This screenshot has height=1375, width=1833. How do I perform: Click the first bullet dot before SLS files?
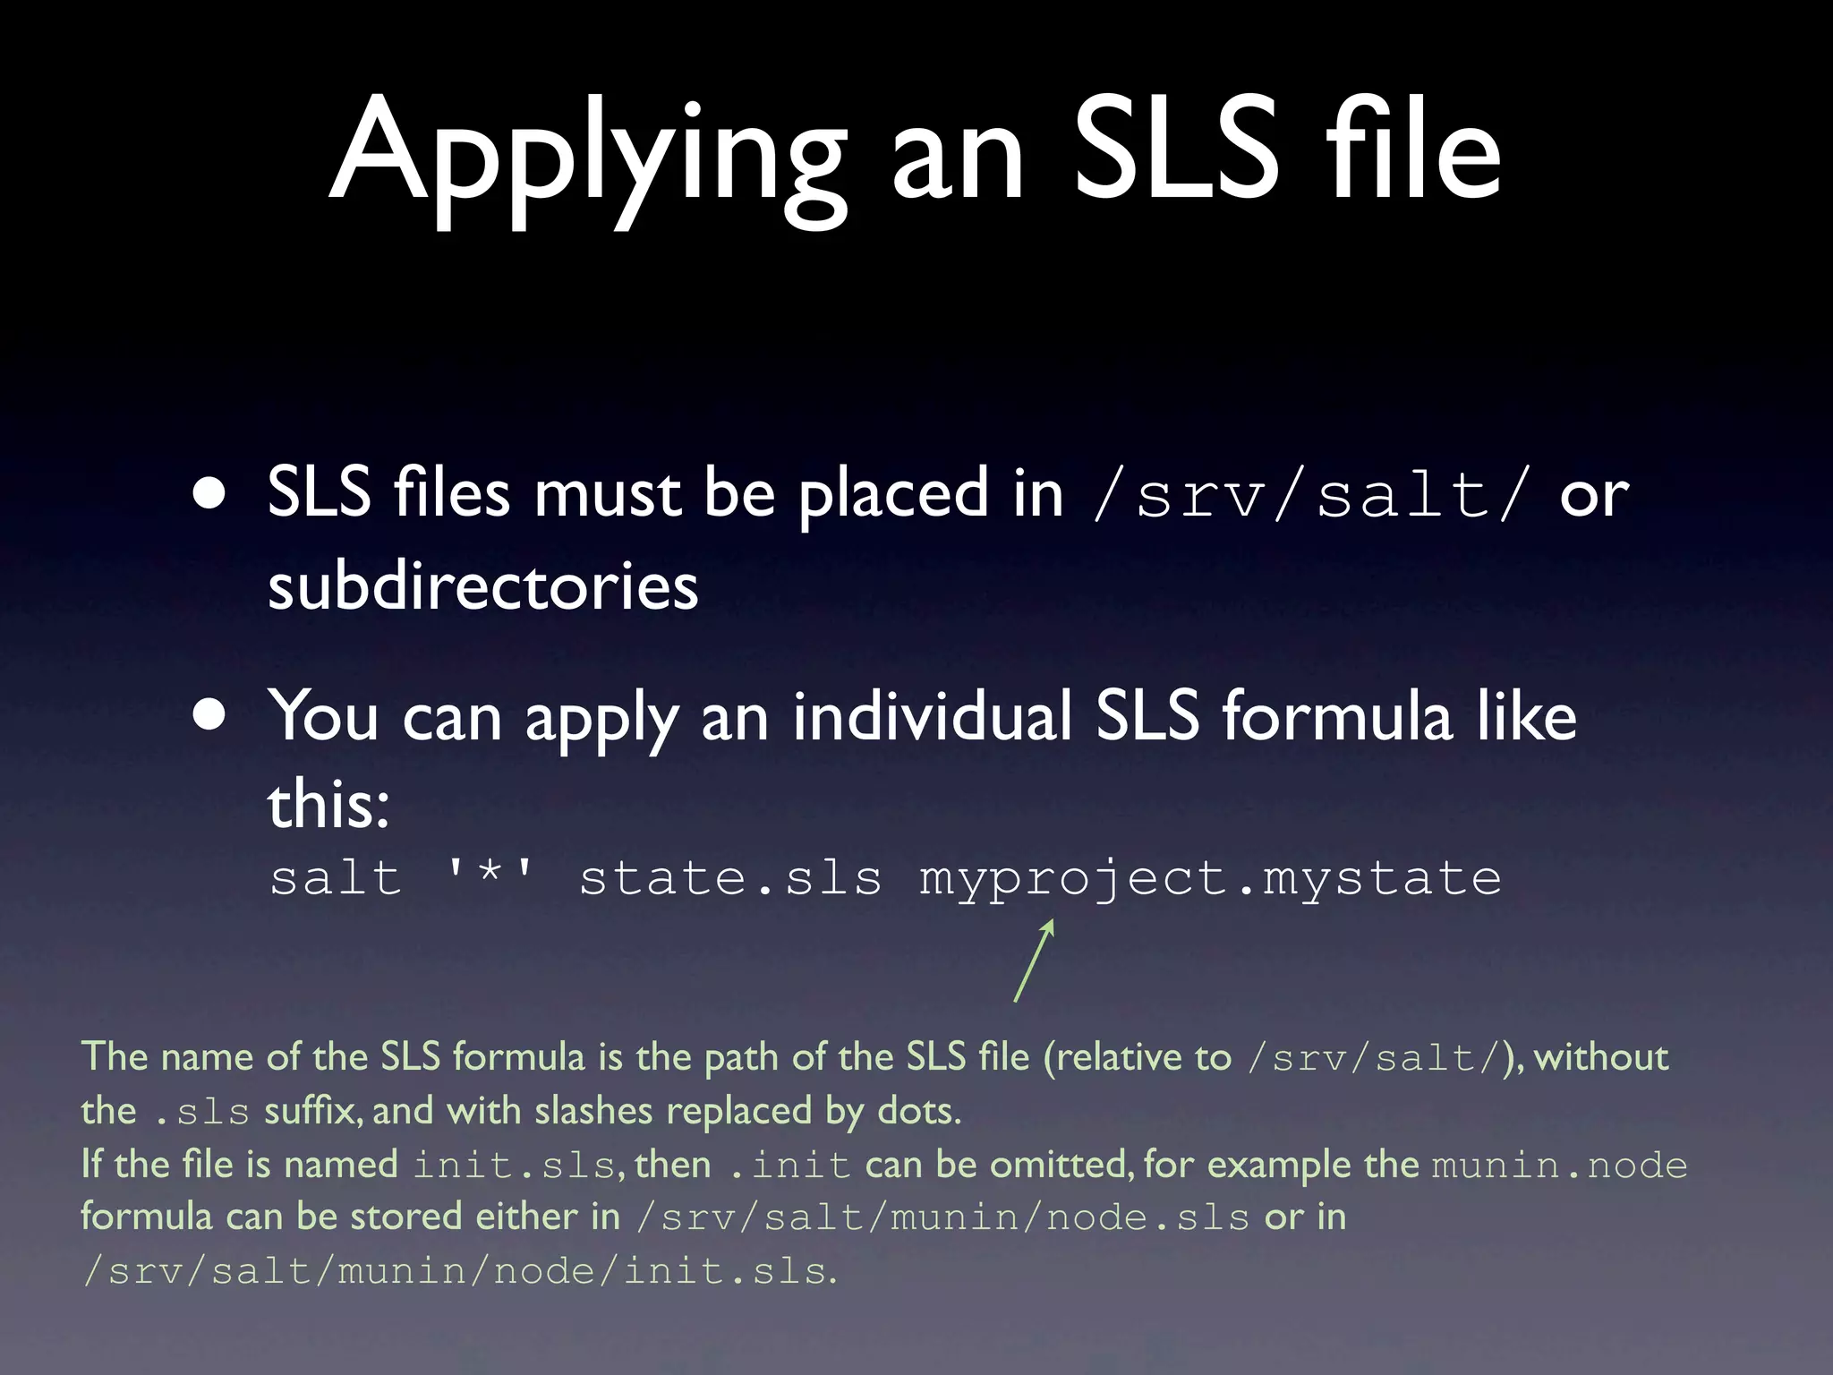(x=210, y=495)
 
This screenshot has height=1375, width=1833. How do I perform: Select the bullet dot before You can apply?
(x=210, y=717)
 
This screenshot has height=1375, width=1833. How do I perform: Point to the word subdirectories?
(x=482, y=586)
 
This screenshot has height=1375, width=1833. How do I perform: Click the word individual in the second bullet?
(x=932, y=717)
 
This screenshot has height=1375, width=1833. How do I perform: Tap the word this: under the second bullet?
(x=328, y=803)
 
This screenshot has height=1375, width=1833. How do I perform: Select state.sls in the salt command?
(x=730, y=877)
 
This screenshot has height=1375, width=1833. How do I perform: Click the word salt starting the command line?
(x=336, y=877)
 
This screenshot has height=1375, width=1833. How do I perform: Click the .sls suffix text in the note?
(x=201, y=1112)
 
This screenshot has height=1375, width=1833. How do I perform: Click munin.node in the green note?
(x=1559, y=1166)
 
